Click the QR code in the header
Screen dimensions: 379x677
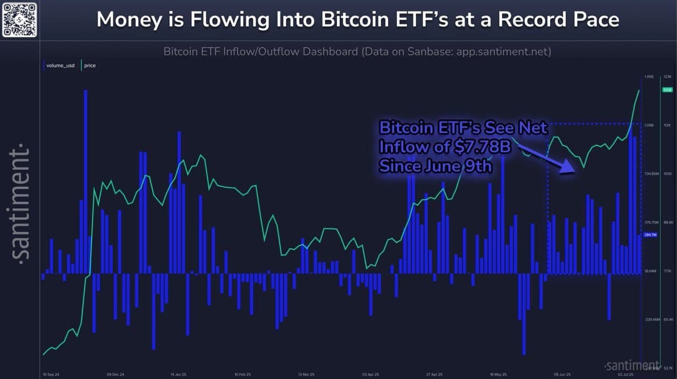(x=20, y=20)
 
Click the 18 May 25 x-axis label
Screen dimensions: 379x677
(x=499, y=374)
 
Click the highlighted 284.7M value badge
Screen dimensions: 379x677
(x=650, y=235)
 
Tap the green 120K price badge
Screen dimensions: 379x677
(x=667, y=90)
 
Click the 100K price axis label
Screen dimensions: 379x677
(x=667, y=174)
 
